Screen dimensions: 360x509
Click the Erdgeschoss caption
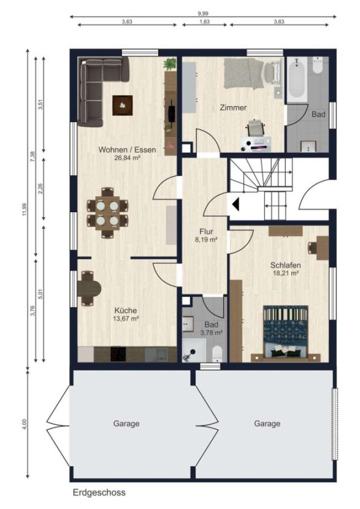click(x=99, y=492)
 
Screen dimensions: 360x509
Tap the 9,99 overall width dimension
click(x=203, y=13)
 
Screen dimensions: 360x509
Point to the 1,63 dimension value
click(x=204, y=21)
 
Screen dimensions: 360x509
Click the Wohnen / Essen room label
click(x=127, y=150)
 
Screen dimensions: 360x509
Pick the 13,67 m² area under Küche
click(x=126, y=319)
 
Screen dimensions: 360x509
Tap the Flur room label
click(x=207, y=232)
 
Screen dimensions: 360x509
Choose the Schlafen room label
click(x=286, y=265)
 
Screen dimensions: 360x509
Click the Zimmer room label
click(x=233, y=107)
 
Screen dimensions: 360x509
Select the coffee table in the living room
click(x=123, y=105)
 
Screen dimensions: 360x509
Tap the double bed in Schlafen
click(x=286, y=333)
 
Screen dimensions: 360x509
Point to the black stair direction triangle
click(x=236, y=204)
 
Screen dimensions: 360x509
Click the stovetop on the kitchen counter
click(x=118, y=354)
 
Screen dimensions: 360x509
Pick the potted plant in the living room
click(x=169, y=64)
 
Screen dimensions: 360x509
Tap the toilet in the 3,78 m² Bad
click(x=217, y=353)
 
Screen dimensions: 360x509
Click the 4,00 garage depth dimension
click(x=25, y=424)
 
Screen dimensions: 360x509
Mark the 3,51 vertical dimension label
click(x=40, y=104)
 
